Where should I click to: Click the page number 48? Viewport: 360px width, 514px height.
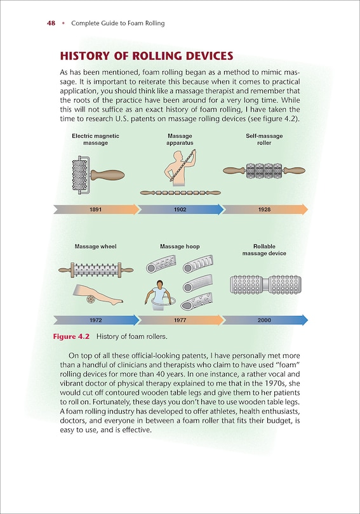[x=51, y=23]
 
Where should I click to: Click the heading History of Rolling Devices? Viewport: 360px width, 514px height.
[x=147, y=56]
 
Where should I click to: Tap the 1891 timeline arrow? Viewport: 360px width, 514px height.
[x=96, y=209]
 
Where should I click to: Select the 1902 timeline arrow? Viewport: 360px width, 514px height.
[x=180, y=209]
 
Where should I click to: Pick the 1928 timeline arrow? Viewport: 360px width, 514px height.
[x=265, y=209]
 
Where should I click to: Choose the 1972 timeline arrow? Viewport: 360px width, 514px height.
[x=96, y=320]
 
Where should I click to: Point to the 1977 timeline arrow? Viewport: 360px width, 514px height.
[x=180, y=320]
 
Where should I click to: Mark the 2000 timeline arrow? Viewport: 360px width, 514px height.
[x=265, y=320]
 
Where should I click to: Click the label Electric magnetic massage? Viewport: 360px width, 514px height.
[x=95, y=140]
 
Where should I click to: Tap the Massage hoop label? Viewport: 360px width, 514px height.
[x=180, y=246]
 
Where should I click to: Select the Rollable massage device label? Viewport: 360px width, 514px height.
[x=264, y=250]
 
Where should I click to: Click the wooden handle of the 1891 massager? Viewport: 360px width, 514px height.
[x=107, y=175]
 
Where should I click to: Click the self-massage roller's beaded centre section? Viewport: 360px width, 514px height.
[x=264, y=171]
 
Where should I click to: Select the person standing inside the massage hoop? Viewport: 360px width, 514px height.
[x=159, y=293]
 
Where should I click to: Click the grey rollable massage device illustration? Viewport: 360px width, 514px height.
[x=265, y=284]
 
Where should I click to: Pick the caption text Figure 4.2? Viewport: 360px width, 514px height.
[x=71, y=337]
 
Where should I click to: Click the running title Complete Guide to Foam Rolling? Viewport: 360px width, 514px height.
[x=118, y=23]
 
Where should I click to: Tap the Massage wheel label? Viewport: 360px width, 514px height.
[x=95, y=246]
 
